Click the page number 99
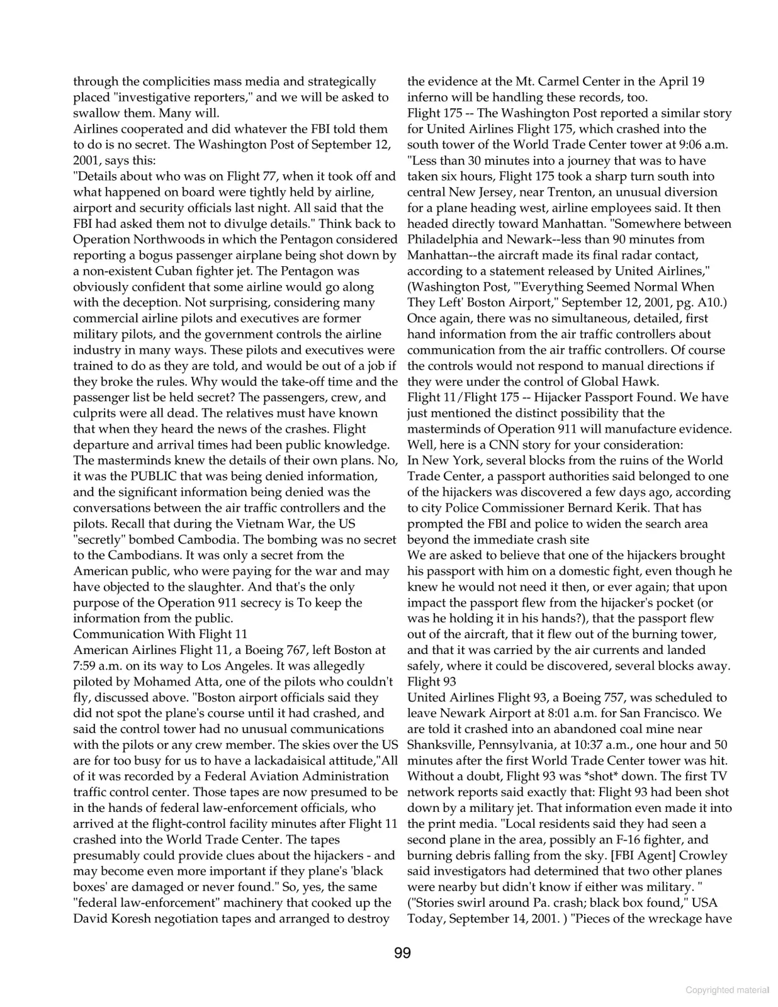click(402, 953)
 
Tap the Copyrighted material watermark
click(727, 990)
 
